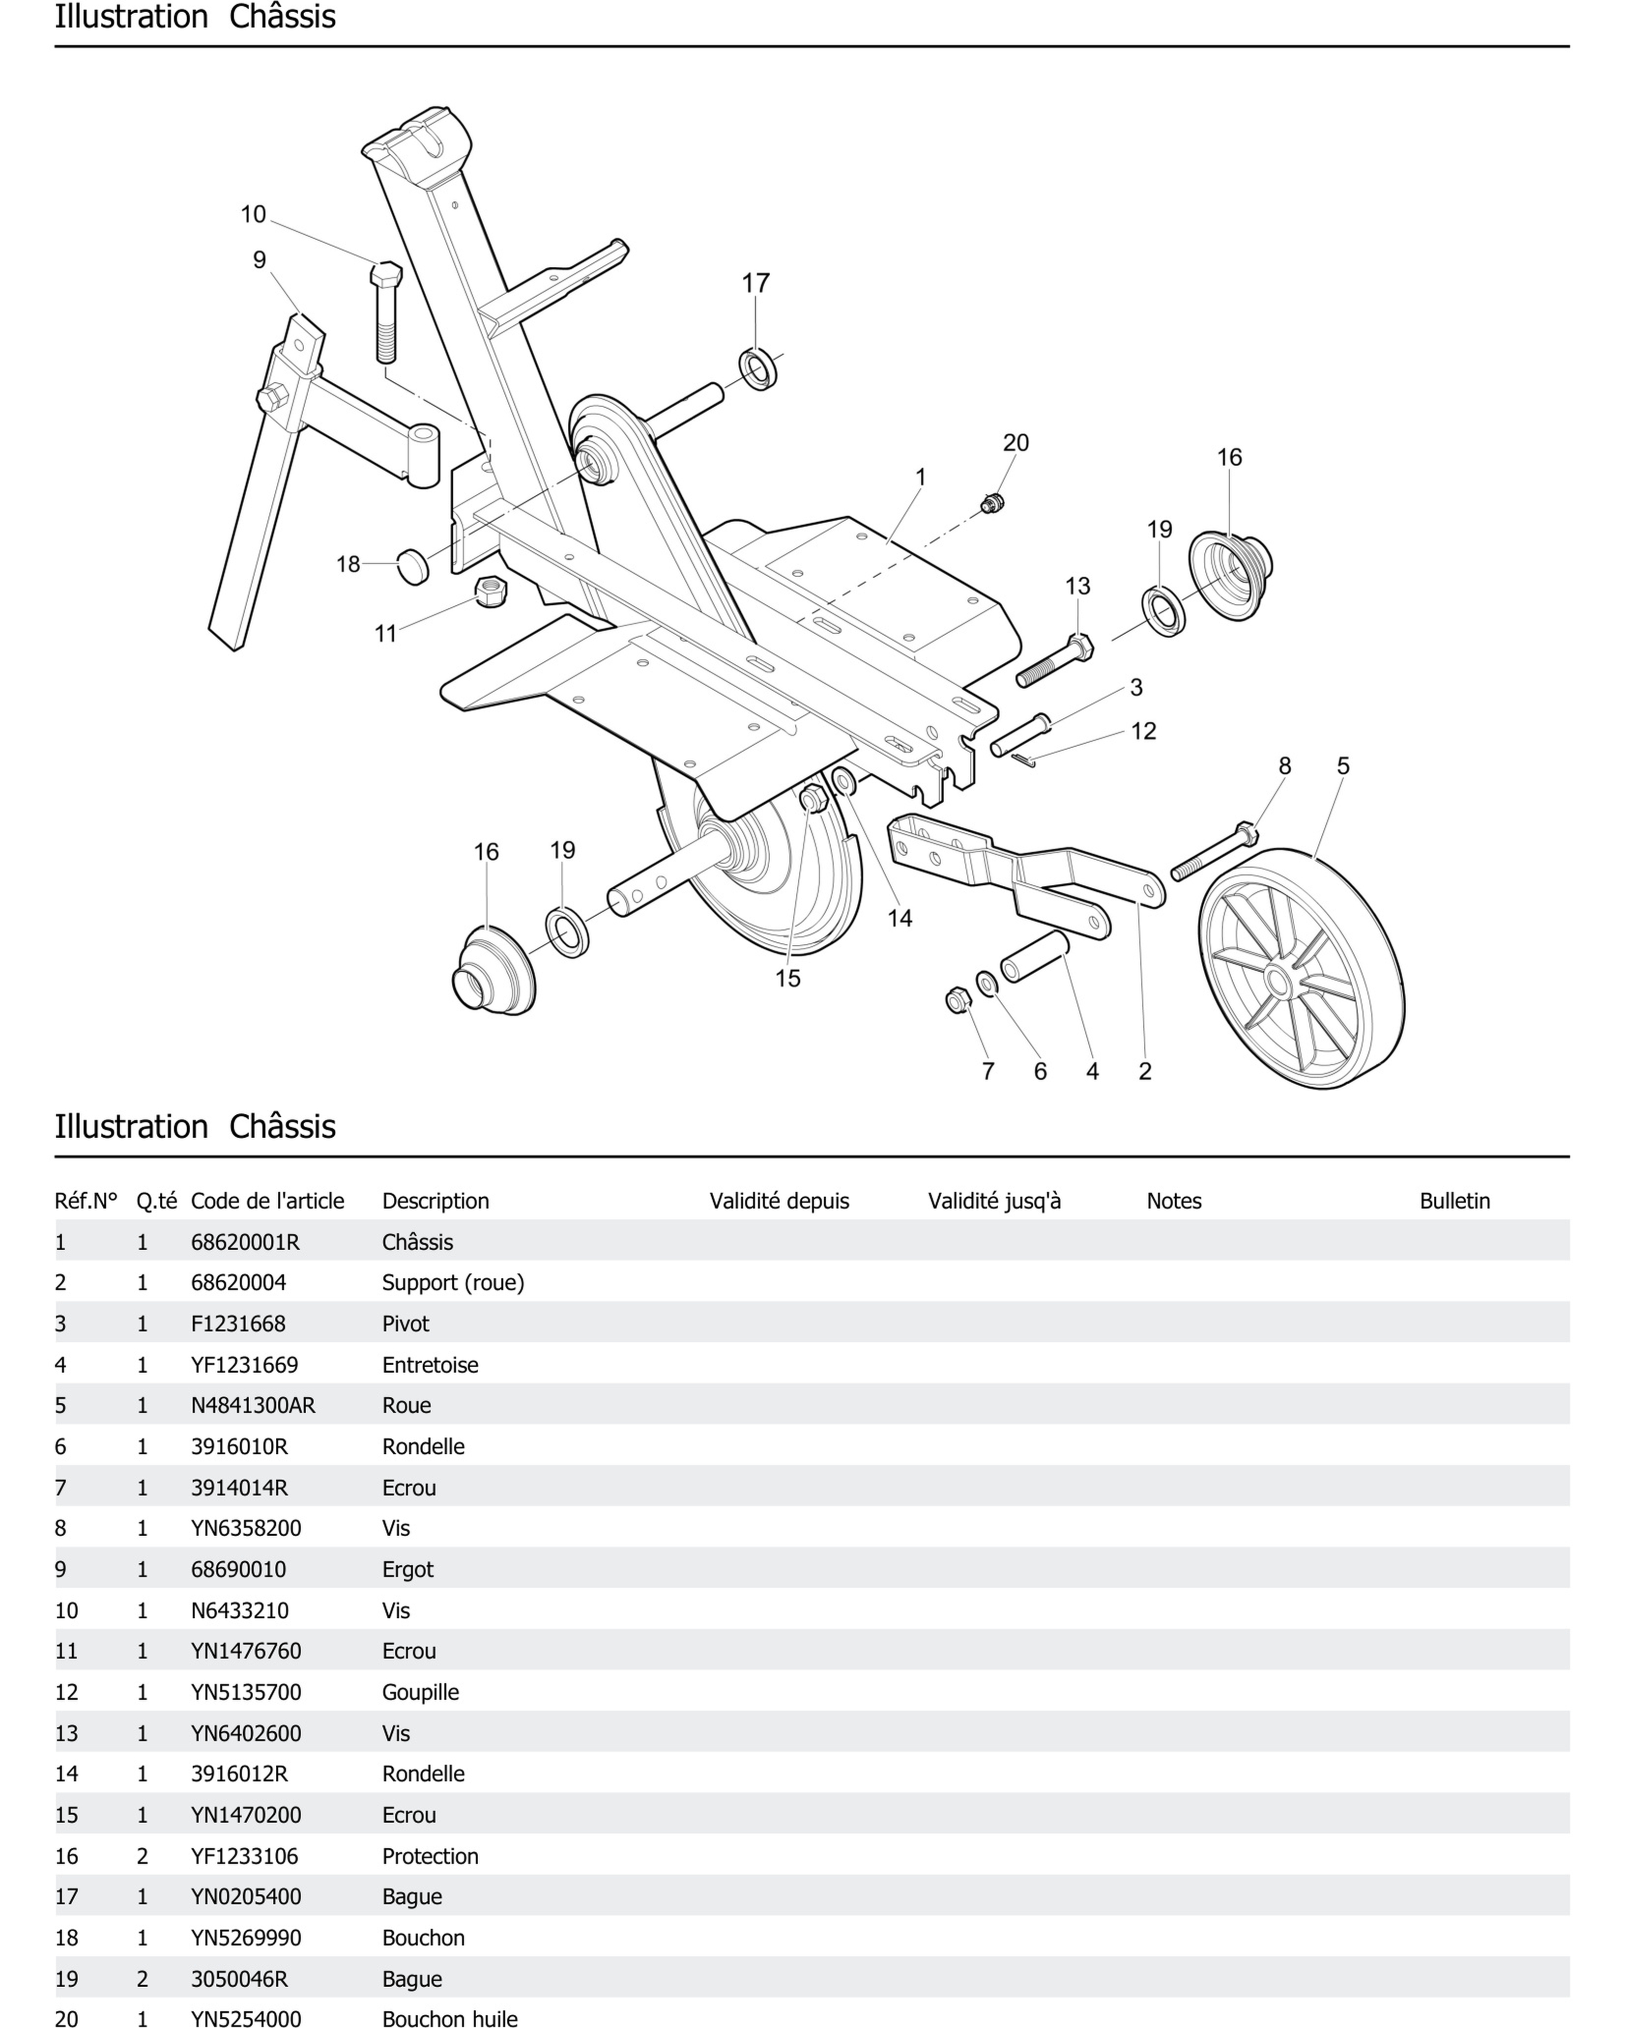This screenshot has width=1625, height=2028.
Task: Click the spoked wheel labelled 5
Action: pyautogui.click(x=1301, y=969)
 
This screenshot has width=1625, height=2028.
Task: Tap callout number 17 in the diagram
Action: pyautogui.click(x=755, y=283)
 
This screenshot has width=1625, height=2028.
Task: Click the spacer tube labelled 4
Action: pyautogui.click(x=1034, y=957)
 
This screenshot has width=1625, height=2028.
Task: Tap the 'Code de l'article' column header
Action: pyautogui.click(x=267, y=1201)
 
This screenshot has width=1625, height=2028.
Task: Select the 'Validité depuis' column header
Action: pyautogui.click(x=779, y=1201)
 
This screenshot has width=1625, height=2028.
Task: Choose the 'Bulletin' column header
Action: pyautogui.click(x=1454, y=1201)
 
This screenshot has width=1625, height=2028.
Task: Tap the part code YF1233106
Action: pyautogui.click(x=245, y=1856)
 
